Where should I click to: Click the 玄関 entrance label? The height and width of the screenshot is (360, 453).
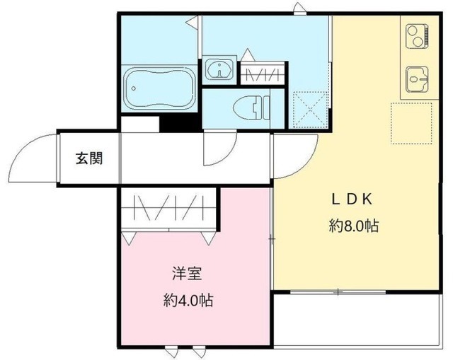coord(89,158)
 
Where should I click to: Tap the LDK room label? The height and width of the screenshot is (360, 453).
coord(352,199)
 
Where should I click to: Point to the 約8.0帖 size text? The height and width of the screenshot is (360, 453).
coord(352,226)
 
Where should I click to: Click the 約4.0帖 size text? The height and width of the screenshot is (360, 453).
coord(188,300)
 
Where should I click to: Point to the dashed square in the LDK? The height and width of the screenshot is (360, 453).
coord(411,123)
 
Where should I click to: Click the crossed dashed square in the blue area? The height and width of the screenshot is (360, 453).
coord(309,110)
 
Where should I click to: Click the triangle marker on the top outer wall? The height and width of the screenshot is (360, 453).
coord(299,8)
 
